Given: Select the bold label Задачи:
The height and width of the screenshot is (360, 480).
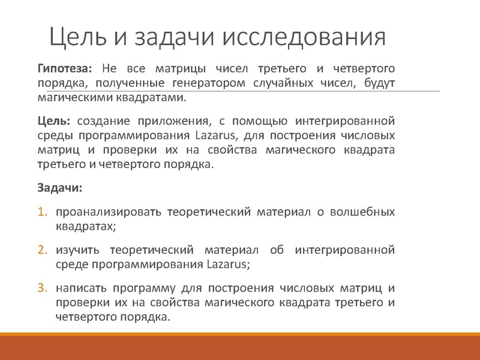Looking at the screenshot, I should coord(60,188).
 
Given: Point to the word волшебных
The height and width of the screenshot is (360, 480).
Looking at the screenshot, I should coord(367,212).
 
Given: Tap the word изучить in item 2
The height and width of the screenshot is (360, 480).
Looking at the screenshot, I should coord(76,249).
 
